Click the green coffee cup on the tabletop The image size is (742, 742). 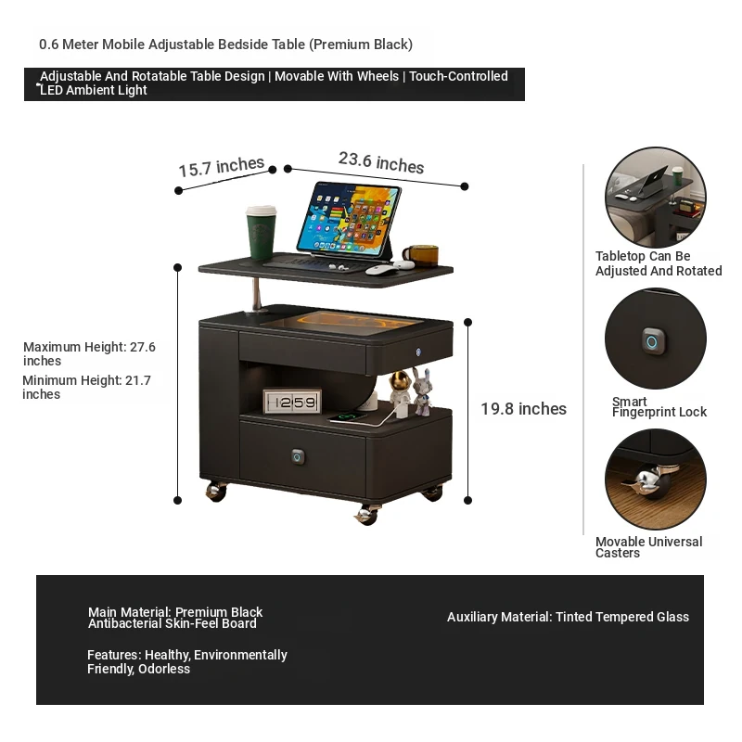[261, 232]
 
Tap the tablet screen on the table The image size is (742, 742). [350, 219]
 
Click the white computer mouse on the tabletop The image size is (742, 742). [381, 270]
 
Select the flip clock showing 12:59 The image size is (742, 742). [292, 402]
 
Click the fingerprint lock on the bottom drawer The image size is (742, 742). [298, 456]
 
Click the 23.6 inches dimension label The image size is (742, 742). [381, 163]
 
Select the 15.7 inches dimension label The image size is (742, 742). [221, 167]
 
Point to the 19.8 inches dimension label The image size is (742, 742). [523, 409]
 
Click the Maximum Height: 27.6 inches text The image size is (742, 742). [89, 353]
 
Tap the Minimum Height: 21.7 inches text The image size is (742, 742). [86, 387]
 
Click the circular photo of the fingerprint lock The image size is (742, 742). [656, 339]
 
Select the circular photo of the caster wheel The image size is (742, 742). [656, 479]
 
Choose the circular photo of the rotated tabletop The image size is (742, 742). [656, 197]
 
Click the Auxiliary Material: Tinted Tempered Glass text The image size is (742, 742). [568, 617]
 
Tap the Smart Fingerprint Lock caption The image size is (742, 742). [659, 407]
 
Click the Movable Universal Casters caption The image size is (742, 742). [648, 547]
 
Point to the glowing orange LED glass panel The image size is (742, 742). [341, 322]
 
